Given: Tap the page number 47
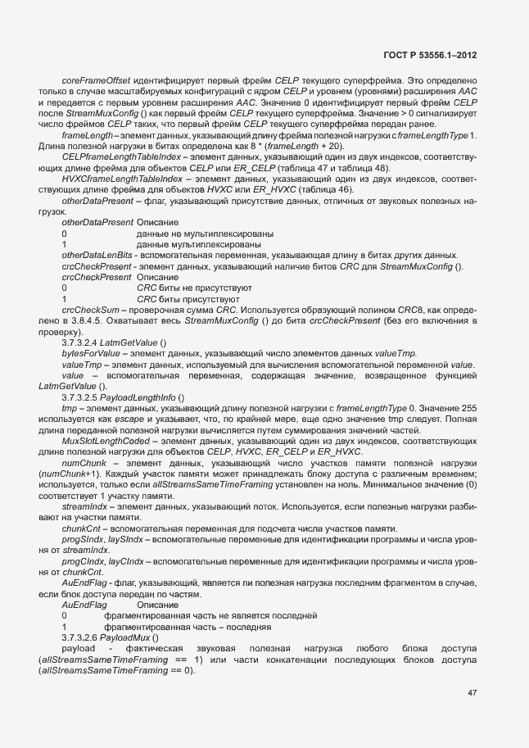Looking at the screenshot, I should coord(472,693).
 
